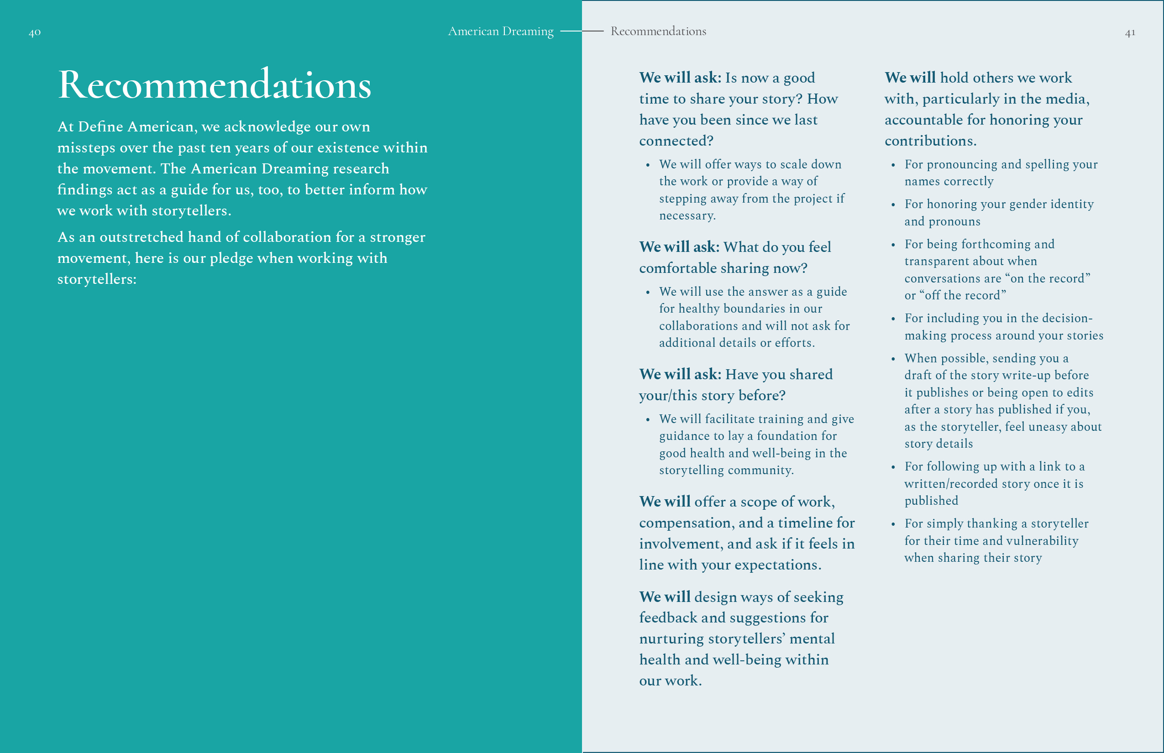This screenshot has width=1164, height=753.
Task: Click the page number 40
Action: [34, 33]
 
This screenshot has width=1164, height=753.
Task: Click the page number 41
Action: [1130, 33]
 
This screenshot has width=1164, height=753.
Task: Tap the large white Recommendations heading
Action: [214, 84]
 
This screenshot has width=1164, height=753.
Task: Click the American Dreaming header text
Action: [500, 31]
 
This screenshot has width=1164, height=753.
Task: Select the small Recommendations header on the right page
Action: [658, 31]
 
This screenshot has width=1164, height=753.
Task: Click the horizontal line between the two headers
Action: [582, 31]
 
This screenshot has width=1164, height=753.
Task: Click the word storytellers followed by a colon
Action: [96, 279]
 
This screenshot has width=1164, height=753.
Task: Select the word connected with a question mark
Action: [676, 141]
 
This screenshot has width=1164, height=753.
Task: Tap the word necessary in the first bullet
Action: [687, 215]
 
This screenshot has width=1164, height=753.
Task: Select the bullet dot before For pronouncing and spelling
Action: [893, 165]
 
